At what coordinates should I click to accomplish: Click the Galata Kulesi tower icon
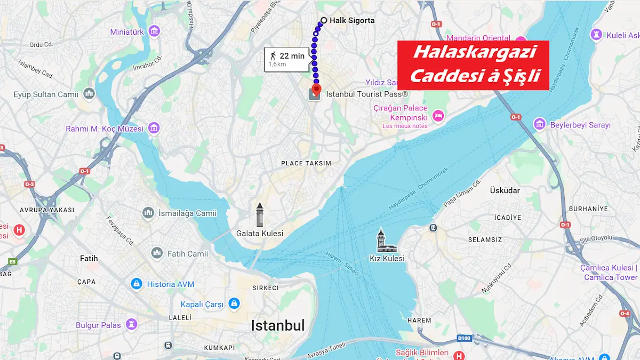point(260,215)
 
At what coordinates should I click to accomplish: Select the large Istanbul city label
point(278,325)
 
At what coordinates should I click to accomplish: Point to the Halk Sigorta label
point(352,21)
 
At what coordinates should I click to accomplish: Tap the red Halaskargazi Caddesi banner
point(474,65)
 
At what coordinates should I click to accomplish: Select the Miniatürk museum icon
point(154,31)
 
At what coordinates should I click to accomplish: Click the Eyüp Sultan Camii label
point(46,94)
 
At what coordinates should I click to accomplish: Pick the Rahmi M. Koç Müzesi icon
point(154,128)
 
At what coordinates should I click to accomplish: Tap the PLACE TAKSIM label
point(306,163)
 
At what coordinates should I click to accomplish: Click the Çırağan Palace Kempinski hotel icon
point(438,115)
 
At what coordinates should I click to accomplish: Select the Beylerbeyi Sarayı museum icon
point(540,124)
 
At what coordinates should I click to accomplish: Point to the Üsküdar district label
point(505,190)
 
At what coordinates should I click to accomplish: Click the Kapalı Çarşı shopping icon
point(233,304)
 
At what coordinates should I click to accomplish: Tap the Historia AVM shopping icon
point(137,284)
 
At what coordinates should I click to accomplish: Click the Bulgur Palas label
point(98,325)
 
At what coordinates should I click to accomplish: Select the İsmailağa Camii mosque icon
point(148,213)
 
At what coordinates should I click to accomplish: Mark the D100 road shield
point(465,338)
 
